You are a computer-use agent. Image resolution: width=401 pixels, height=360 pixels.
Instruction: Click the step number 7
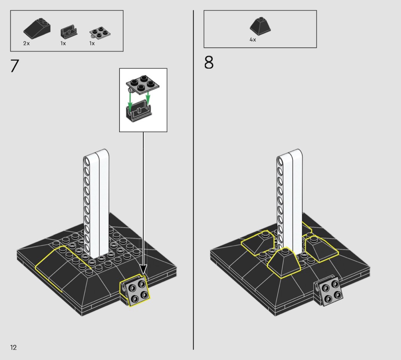tap(15, 66)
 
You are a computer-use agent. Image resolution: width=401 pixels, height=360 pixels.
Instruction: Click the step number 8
tap(209, 62)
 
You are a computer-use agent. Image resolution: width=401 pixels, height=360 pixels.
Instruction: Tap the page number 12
tap(13, 347)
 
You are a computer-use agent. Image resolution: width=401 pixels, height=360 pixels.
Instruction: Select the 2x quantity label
tap(26, 43)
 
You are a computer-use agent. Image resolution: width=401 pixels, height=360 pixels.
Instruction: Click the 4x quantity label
tap(253, 40)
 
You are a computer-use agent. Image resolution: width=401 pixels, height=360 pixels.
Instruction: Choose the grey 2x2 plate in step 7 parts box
tap(100, 33)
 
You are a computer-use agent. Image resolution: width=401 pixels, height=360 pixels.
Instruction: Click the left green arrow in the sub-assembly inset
tap(130, 102)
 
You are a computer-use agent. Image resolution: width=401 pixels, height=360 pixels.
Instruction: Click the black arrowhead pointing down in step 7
tap(143, 270)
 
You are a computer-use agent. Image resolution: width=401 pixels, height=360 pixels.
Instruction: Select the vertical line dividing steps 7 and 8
tap(193, 180)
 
